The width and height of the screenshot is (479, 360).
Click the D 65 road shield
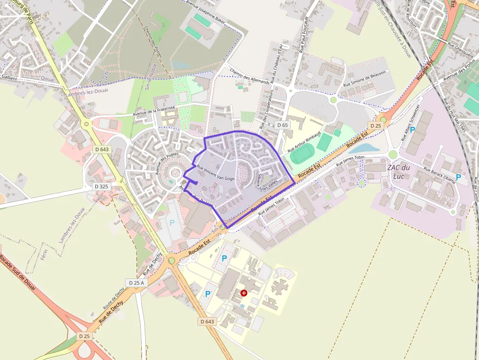(283, 125)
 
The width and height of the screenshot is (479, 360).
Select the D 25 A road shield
(136, 283)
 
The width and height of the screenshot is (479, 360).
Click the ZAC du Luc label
(398, 171)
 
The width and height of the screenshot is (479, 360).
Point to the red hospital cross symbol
(244, 293)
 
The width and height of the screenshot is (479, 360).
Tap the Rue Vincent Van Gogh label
(216, 172)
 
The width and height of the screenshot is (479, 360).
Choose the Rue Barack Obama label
(439, 176)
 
